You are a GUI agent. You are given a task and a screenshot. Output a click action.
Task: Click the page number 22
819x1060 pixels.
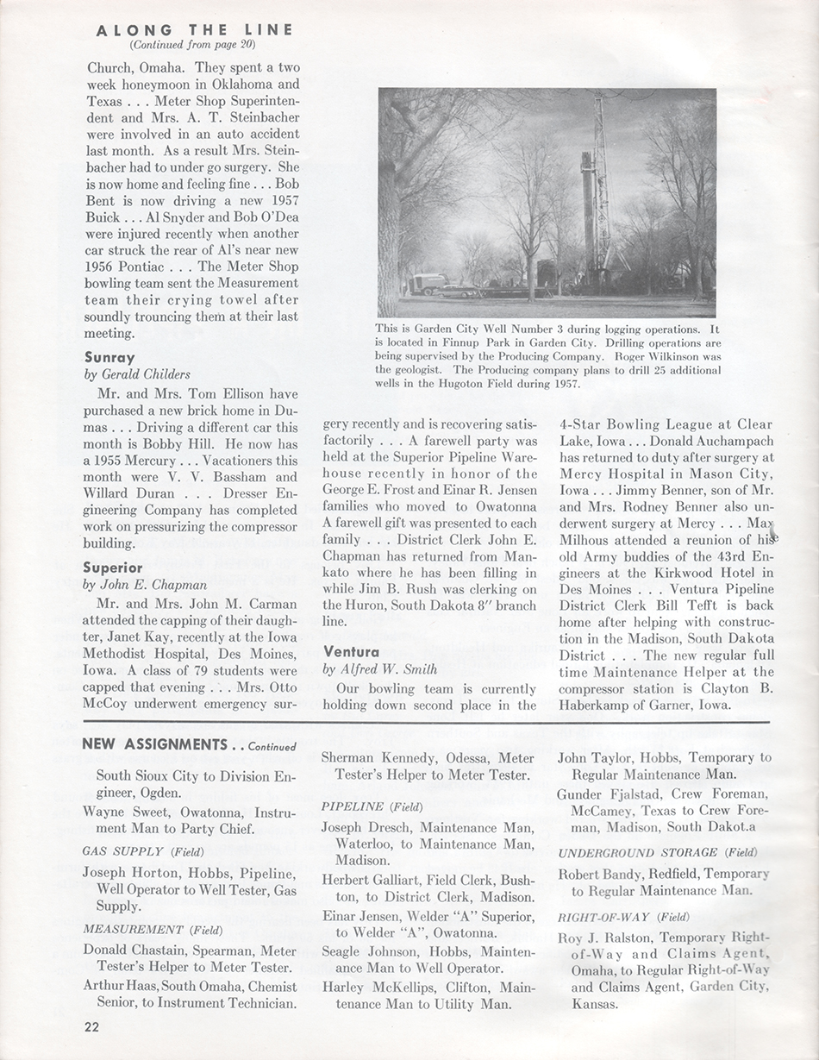(x=91, y=1026)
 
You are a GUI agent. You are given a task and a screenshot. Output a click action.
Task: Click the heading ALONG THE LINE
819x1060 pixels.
(x=195, y=29)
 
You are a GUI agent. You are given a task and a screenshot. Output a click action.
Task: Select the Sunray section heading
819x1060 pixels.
(x=109, y=356)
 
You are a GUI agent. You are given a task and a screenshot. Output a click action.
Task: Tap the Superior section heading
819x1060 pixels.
(x=113, y=568)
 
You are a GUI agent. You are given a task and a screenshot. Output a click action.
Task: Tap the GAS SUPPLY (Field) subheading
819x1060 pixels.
(x=143, y=851)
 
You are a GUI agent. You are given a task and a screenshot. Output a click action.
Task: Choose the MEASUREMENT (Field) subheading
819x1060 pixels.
(x=153, y=930)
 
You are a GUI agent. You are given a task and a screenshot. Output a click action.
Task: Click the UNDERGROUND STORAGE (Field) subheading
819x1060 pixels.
(x=658, y=852)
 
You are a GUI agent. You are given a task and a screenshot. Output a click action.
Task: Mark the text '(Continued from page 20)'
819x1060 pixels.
(x=193, y=44)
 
